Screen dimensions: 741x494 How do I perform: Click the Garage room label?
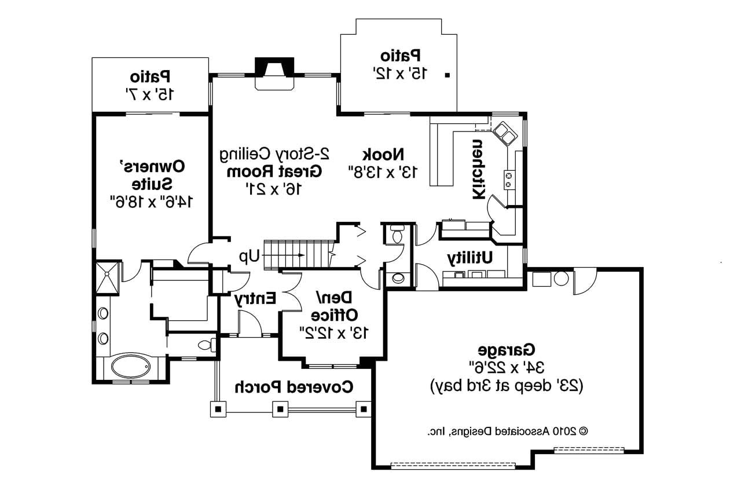[x=506, y=350]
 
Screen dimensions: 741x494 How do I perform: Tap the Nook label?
[x=383, y=155]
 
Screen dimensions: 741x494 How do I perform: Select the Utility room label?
[x=469, y=258]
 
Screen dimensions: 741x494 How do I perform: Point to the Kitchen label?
[x=479, y=170]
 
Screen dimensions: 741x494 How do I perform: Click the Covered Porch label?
[x=294, y=387]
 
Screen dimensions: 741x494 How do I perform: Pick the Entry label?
[x=255, y=299]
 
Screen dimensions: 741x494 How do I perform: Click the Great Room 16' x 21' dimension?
[x=274, y=189]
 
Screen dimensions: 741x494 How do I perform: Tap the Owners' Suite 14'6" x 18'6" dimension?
[x=151, y=202]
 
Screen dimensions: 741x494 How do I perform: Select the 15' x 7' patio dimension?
[x=149, y=94]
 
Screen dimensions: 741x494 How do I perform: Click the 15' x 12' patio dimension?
[x=400, y=74]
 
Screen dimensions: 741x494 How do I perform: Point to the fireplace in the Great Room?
[x=274, y=74]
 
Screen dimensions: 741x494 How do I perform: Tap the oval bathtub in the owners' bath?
[x=131, y=367]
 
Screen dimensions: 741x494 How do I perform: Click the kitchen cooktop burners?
[x=509, y=180]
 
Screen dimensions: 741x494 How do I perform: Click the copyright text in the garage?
[x=508, y=431]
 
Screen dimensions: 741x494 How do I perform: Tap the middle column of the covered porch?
[x=280, y=409]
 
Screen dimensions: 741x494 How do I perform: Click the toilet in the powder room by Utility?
[x=396, y=235]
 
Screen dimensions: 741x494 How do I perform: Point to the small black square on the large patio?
[x=447, y=75]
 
